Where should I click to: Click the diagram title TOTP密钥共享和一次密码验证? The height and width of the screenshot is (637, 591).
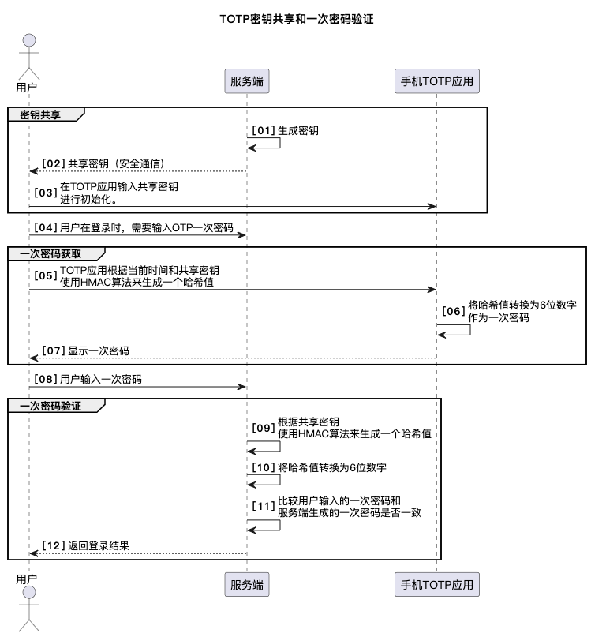click(297, 19)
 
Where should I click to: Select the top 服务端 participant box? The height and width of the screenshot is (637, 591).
click(247, 81)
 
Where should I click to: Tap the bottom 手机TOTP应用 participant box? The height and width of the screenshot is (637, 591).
click(437, 585)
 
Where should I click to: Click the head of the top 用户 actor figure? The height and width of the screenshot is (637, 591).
click(29, 40)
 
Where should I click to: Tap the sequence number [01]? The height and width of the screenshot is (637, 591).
click(264, 130)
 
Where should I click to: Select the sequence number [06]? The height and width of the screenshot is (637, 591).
click(453, 311)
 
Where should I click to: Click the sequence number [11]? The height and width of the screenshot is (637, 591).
click(264, 506)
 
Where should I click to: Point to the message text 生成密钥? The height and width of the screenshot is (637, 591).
click(298, 130)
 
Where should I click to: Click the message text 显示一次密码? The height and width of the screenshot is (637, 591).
click(99, 350)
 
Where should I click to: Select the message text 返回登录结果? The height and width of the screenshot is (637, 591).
click(99, 545)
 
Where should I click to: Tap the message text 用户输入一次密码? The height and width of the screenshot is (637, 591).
click(101, 379)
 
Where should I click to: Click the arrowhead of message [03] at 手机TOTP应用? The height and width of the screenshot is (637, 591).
click(432, 206)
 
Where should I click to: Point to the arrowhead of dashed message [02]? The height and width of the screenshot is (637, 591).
click(34, 171)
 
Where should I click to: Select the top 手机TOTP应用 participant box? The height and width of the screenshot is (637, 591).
click(437, 81)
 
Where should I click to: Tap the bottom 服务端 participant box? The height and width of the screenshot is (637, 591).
click(247, 585)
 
